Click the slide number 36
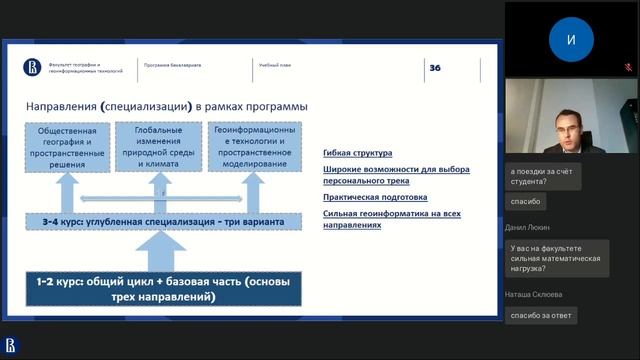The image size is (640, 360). (x=435, y=67)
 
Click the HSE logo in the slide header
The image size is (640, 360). (x=32, y=67)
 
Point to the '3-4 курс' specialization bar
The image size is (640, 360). (x=163, y=221)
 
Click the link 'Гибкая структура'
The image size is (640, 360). (x=358, y=153)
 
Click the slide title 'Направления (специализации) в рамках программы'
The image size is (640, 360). (x=166, y=106)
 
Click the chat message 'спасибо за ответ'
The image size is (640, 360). (x=540, y=315)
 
